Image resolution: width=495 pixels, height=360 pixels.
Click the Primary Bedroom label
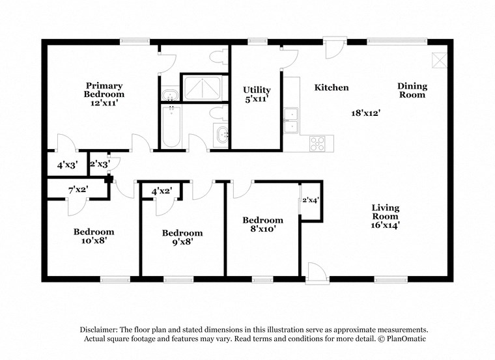[x=105, y=94]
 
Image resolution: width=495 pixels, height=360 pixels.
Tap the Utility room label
[x=257, y=94]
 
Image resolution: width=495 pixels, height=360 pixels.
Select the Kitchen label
[x=332, y=87]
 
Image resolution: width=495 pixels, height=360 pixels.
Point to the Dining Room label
[x=412, y=90]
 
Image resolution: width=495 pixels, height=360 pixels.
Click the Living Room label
[x=385, y=216]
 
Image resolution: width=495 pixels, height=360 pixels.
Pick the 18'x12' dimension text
[x=365, y=112]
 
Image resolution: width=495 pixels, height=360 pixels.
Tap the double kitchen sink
[x=291, y=121]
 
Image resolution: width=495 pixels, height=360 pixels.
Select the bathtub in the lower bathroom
[x=171, y=126]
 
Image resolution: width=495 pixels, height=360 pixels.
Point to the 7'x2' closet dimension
[x=78, y=189]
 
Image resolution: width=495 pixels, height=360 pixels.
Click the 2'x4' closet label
[x=310, y=200]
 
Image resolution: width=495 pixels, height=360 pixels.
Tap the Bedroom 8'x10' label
[x=262, y=225]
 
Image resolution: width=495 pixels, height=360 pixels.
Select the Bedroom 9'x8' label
[x=182, y=237]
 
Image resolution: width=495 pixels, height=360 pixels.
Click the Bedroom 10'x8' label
[x=93, y=236]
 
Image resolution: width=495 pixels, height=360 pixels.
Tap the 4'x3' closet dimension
[x=67, y=165]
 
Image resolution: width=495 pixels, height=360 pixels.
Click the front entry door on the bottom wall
[x=317, y=273]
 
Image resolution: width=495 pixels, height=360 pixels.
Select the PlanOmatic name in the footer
[x=404, y=339]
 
